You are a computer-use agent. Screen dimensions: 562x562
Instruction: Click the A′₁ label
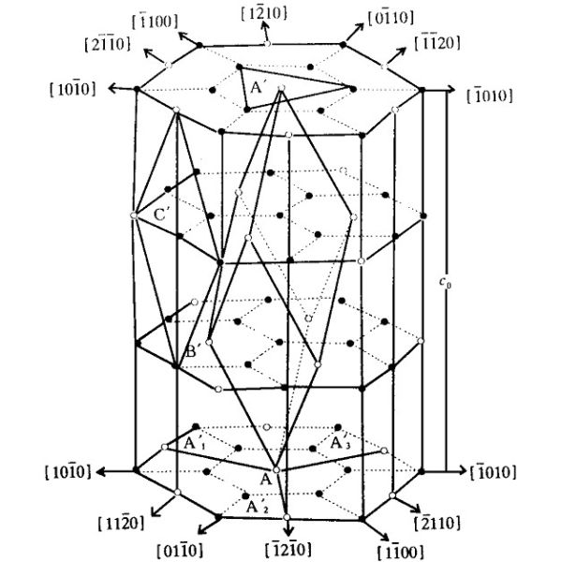tap(194, 441)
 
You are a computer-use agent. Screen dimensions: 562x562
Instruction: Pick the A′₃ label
tap(340, 442)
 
